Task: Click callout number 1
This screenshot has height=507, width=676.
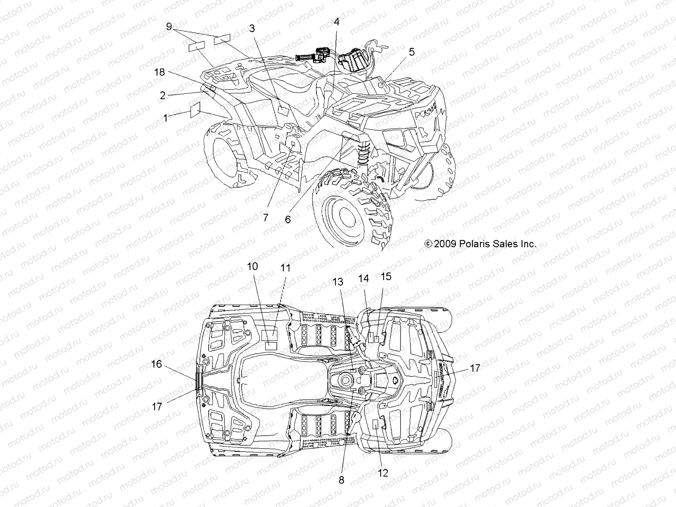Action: pos(166,118)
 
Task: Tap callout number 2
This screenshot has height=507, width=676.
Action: pos(163,95)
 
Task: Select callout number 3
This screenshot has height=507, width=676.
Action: pos(252,29)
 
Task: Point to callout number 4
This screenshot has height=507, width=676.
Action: pos(336,22)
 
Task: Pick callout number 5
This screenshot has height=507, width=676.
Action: pos(412,52)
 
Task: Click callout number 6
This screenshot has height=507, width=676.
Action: pos(288,219)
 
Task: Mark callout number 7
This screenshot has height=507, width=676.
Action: pos(265,218)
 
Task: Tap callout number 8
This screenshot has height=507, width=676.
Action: pos(341,480)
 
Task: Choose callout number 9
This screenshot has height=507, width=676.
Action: pos(169,27)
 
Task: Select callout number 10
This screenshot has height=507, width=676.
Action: pos(252,266)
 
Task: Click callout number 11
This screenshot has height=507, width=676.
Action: pos(286,268)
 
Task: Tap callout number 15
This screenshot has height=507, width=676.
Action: pos(386,276)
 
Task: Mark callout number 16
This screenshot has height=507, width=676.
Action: pos(156,364)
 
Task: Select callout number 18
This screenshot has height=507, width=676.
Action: pos(159,72)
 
